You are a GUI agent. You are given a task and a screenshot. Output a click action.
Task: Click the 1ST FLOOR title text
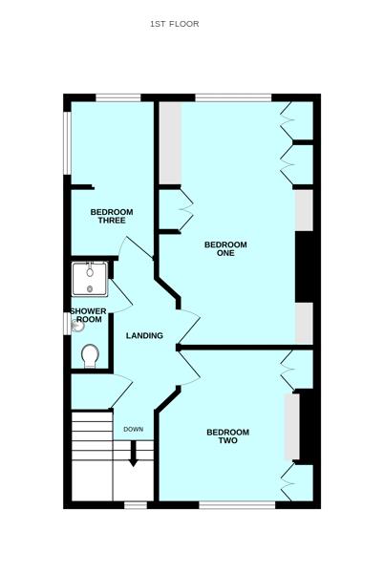(x=174, y=24)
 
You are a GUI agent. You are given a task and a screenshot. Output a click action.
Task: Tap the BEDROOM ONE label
(x=225, y=249)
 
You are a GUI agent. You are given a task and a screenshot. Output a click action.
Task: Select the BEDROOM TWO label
(x=228, y=436)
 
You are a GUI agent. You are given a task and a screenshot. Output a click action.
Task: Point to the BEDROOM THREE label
(x=112, y=216)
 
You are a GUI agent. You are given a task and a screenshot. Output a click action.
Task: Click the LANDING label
(x=144, y=335)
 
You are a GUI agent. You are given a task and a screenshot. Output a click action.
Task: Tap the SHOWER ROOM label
(x=89, y=315)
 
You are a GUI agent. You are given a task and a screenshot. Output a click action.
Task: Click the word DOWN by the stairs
(x=134, y=429)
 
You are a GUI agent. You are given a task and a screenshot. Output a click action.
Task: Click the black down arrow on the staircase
(x=134, y=454)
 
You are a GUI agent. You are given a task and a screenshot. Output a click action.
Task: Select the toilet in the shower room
(x=90, y=356)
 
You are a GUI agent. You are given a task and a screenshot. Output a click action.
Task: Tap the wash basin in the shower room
(x=77, y=326)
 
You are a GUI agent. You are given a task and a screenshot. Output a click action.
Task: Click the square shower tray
(x=90, y=279)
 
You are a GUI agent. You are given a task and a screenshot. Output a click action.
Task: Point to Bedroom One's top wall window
(x=233, y=97)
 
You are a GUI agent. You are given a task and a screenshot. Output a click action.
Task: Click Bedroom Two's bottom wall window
(x=237, y=505)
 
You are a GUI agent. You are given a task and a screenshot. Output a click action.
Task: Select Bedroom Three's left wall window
(x=67, y=143)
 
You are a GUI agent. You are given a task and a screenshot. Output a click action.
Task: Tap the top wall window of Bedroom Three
(x=118, y=97)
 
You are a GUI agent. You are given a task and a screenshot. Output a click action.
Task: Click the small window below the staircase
(x=136, y=505)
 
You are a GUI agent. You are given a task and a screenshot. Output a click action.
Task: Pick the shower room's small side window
(x=67, y=324)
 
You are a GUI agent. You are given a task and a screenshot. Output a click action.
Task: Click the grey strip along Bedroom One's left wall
(x=171, y=143)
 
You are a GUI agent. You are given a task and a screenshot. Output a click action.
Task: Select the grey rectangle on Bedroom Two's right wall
(x=292, y=426)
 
